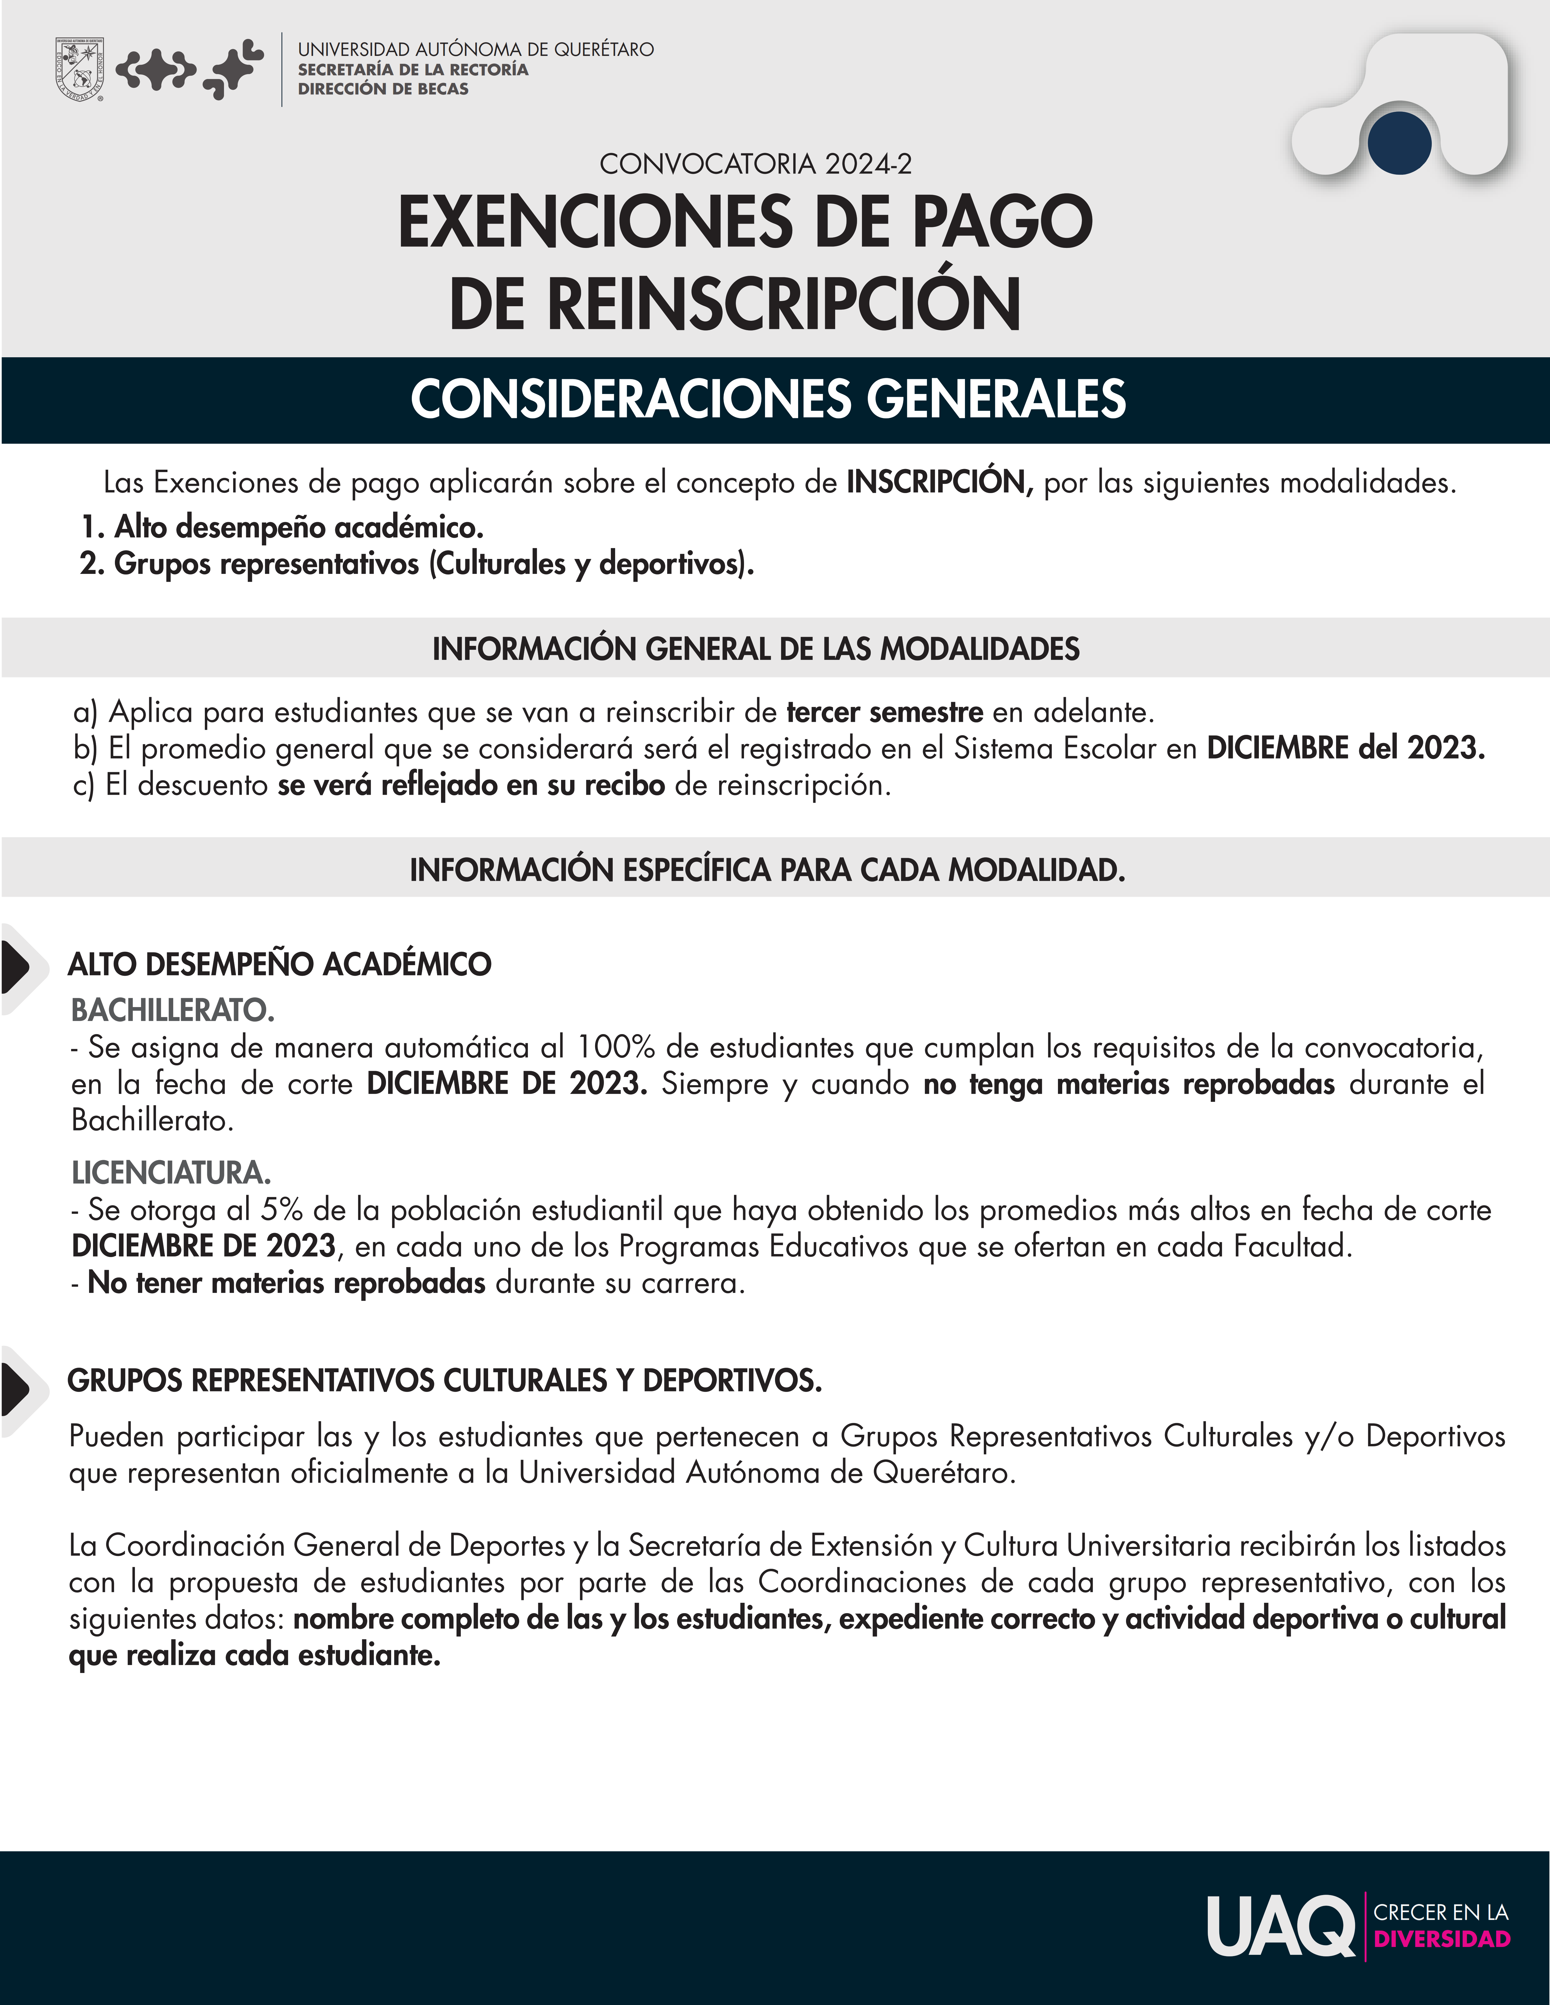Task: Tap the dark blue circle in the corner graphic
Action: [x=1398, y=143]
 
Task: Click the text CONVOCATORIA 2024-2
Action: [x=756, y=164]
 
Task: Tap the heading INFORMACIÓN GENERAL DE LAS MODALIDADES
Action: [x=756, y=649]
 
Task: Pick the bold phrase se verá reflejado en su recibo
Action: [x=471, y=785]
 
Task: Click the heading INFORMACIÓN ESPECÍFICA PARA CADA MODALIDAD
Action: [x=768, y=869]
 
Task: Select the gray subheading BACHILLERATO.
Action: [x=173, y=1011]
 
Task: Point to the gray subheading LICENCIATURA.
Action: [x=171, y=1173]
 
